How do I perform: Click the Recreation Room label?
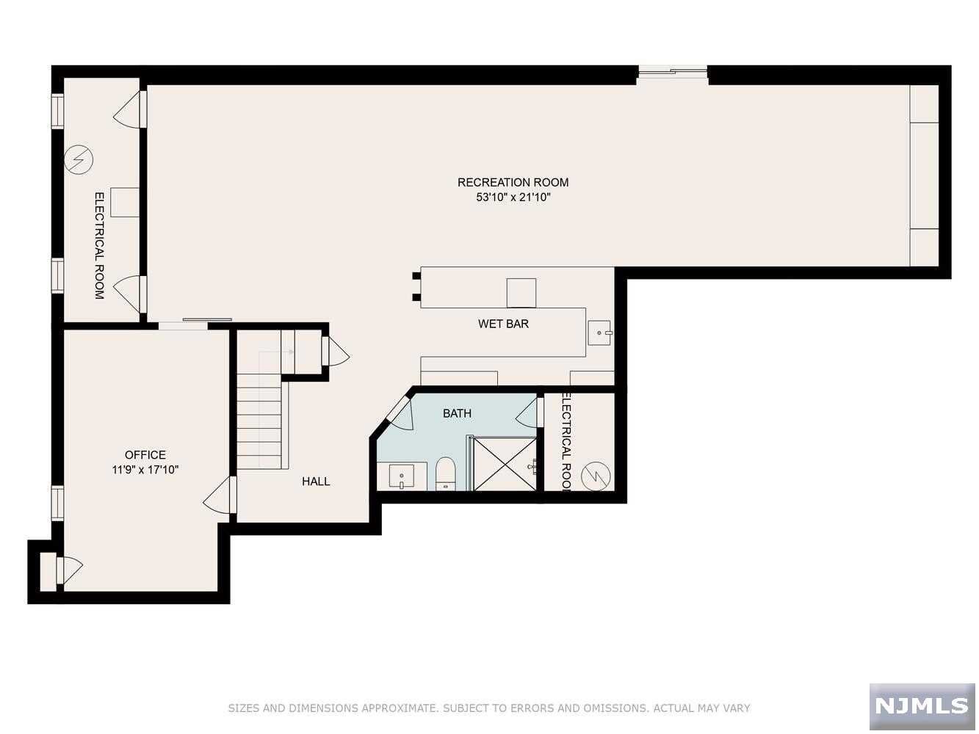(513, 182)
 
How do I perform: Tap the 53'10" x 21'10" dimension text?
(513, 197)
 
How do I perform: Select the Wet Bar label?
(503, 324)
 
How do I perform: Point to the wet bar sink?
(599, 333)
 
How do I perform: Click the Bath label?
(457, 413)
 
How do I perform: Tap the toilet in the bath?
(444, 473)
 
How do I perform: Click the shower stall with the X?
(505, 465)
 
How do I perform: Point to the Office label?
(145, 454)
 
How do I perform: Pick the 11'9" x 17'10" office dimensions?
(145, 469)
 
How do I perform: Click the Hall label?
(316, 482)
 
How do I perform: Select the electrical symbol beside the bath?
(596, 476)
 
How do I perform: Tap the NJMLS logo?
(922, 706)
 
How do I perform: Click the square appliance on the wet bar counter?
(521, 293)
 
